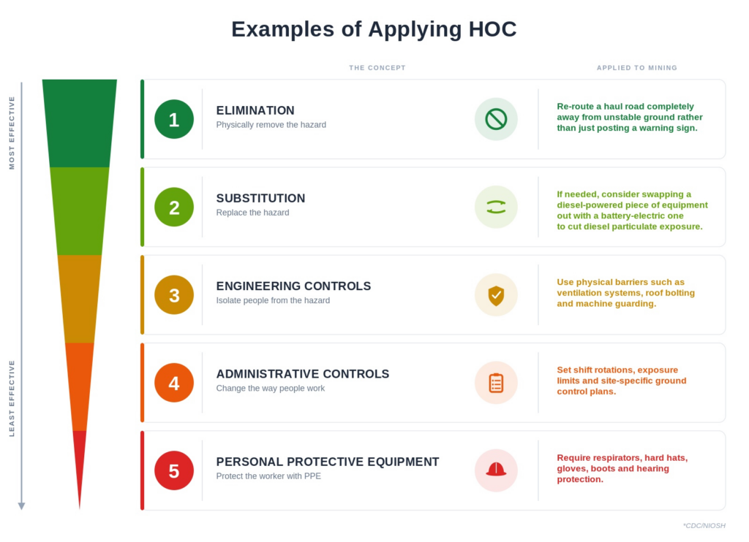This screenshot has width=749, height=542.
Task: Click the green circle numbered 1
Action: click(174, 119)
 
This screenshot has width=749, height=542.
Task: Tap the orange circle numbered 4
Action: click(174, 383)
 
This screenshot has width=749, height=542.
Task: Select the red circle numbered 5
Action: click(174, 470)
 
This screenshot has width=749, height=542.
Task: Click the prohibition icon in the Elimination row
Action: click(496, 119)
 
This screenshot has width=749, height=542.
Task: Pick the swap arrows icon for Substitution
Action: click(496, 207)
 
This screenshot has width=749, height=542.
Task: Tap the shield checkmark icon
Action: click(496, 295)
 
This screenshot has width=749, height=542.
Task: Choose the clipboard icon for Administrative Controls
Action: click(496, 383)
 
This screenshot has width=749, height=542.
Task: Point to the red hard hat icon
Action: click(496, 470)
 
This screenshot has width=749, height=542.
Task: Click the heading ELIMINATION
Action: click(255, 110)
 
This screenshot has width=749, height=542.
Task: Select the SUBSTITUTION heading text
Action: click(260, 198)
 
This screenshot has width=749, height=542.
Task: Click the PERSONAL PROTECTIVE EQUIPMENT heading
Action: click(327, 462)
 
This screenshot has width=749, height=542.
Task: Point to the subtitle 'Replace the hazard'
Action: click(252, 213)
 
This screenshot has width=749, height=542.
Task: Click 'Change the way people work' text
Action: click(271, 389)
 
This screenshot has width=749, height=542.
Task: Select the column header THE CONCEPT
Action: click(377, 68)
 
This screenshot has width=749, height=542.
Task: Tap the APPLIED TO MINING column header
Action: click(637, 68)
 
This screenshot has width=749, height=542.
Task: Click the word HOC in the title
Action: click(492, 29)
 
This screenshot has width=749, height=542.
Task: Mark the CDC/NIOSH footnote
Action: click(704, 525)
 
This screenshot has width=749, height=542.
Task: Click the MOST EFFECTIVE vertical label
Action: click(12, 133)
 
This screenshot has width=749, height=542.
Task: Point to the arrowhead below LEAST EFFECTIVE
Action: click(21, 506)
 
